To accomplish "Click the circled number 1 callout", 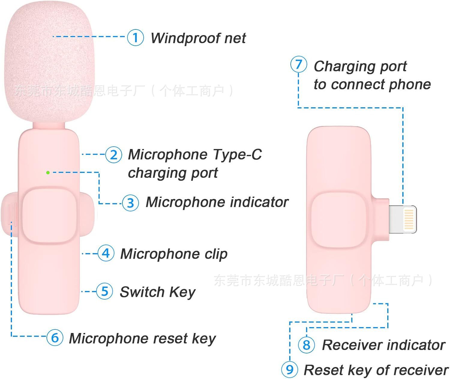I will click(x=135, y=38).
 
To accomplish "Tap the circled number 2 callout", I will click(x=114, y=154).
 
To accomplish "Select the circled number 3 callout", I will click(x=130, y=203).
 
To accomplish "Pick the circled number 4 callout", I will click(x=106, y=253).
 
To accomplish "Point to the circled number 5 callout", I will click(x=104, y=291).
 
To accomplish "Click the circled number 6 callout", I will click(x=55, y=338).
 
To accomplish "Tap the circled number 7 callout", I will click(x=298, y=65).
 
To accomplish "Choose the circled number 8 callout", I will click(x=306, y=345).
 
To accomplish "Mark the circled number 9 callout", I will click(x=289, y=369).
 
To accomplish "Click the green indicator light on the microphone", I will click(x=48, y=173).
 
